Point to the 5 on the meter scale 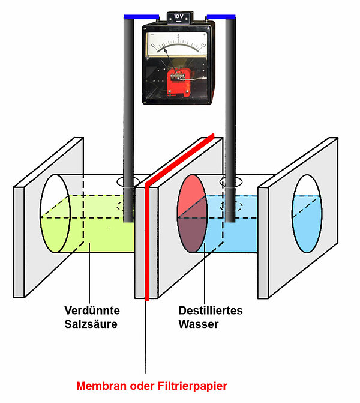pos(178,37)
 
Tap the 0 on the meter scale pos(152,44)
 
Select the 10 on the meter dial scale pos(203,44)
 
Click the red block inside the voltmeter pos(178,81)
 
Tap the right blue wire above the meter pos(220,17)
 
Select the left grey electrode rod pos(128,120)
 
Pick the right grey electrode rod pos(229,120)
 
